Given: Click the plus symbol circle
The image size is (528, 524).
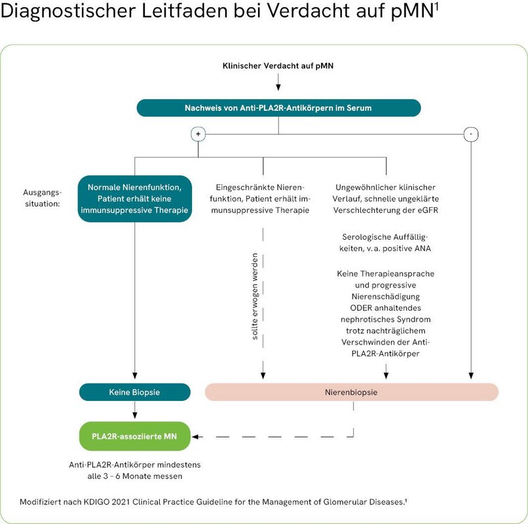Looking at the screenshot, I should [x=198, y=134].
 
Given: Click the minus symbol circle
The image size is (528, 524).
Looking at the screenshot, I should [x=470, y=134].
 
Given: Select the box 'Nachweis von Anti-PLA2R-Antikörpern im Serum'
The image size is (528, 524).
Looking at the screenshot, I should [x=278, y=107].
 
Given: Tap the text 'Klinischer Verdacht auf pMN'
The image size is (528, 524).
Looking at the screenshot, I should [x=278, y=66].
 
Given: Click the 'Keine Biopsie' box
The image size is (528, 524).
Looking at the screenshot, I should [x=134, y=392].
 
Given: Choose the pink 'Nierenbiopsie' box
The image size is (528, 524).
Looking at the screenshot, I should [x=352, y=392].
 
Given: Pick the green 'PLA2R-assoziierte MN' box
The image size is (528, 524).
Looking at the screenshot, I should [x=134, y=436].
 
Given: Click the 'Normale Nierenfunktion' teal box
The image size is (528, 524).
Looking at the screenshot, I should [x=134, y=198].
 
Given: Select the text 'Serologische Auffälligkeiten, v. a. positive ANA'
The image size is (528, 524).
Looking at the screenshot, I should [x=385, y=242].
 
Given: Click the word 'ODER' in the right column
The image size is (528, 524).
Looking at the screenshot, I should [x=354, y=307].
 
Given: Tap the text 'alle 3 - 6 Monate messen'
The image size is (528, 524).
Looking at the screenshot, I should [x=134, y=476].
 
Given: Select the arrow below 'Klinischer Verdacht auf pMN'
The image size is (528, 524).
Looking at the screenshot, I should [x=278, y=83].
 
